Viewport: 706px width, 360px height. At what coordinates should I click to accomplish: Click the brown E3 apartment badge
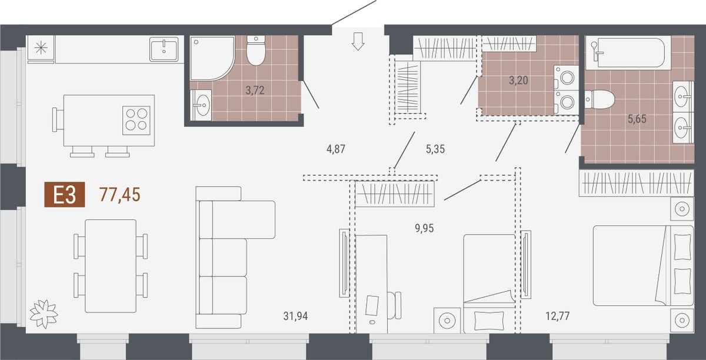point(65,195)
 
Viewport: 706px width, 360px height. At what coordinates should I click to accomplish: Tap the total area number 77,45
point(120,195)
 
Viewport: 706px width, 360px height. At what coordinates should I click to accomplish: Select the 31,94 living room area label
point(295,316)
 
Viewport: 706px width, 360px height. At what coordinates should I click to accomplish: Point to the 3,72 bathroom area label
point(255,91)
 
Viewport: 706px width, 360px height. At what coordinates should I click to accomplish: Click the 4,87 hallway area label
point(336,149)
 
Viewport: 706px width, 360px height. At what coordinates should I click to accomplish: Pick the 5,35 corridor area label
point(435,149)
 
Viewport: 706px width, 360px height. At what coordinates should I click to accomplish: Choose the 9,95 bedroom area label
point(424,228)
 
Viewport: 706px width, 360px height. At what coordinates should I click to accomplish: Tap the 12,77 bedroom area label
point(558,316)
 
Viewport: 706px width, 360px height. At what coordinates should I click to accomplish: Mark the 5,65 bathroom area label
point(637,119)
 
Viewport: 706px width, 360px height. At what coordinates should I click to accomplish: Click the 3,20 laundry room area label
point(518,81)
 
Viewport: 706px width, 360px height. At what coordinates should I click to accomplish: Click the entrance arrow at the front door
point(358,41)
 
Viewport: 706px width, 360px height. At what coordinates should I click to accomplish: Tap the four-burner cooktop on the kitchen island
point(136,121)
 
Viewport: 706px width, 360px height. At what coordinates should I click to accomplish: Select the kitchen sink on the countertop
point(164,49)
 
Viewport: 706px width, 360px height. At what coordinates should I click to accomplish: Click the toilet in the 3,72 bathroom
point(255,51)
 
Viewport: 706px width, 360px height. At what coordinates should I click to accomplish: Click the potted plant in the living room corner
point(44,314)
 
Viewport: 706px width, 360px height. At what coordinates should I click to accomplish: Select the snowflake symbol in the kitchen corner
point(41,48)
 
